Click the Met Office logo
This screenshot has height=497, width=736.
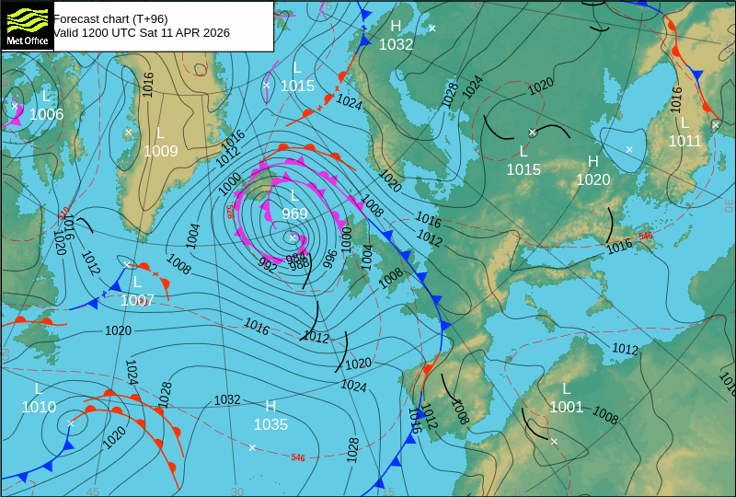tap(27, 26)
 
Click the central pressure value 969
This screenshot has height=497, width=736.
tap(294, 214)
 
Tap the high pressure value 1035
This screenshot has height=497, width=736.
tap(270, 425)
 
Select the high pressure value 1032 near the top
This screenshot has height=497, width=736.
tap(396, 44)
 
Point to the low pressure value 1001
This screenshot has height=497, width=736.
tap(567, 407)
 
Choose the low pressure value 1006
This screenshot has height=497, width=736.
tap(46, 115)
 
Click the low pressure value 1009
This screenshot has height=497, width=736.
tap(160, 151)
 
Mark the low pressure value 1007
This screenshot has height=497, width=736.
tap(137, 300)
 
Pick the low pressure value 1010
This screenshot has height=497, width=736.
tap(39, 407)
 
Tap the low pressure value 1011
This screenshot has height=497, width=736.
tap(684, 141)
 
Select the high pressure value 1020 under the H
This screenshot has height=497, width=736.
tap(593, 179)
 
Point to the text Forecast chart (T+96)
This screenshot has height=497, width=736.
tap(110, 18)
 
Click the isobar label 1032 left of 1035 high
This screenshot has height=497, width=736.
tap(227, 399)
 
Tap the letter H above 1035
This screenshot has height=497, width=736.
tap(270, 406)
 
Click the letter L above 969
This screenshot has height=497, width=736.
tap(294, 195)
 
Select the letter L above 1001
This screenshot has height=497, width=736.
tap(567, 388)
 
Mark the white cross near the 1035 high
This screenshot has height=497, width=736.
tap(252, 447)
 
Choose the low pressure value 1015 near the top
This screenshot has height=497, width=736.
tap(297, 86)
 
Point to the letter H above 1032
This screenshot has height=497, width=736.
tap(396, 26)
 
